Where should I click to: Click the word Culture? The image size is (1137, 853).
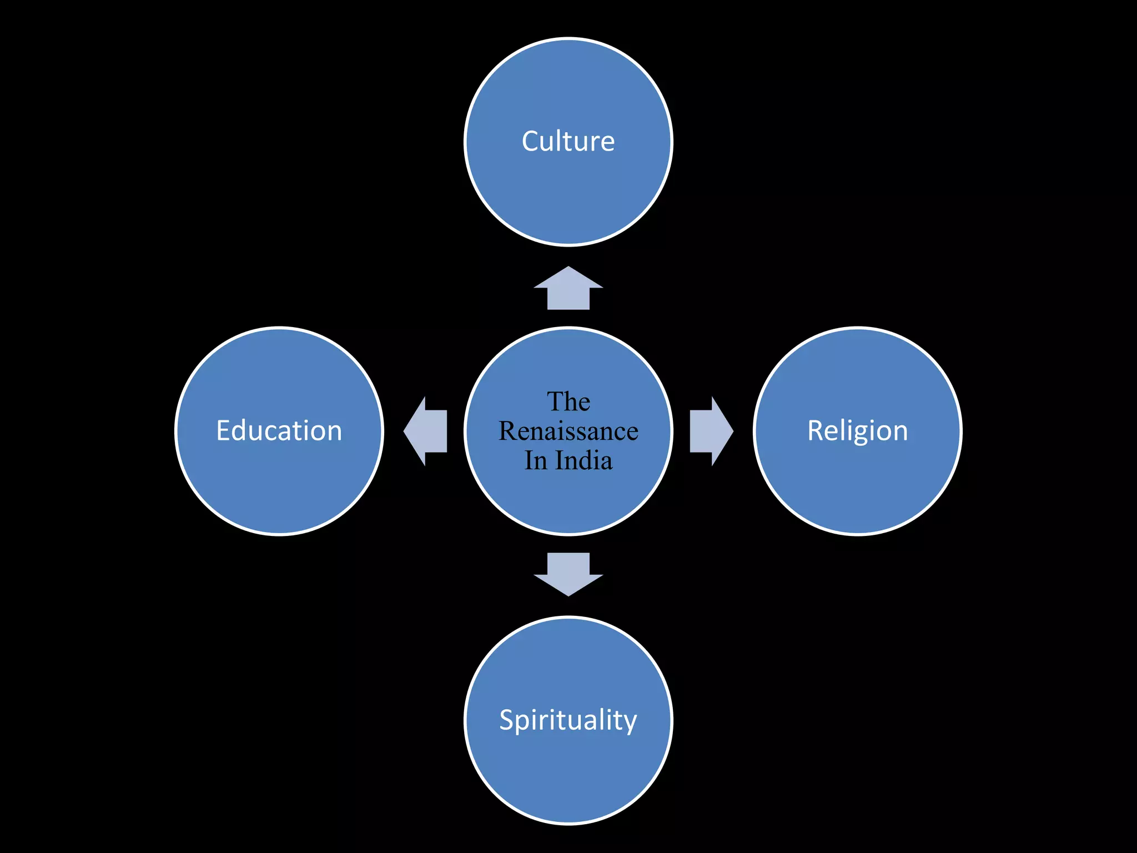pos(568,141)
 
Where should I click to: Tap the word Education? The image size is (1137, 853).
pos(279,431)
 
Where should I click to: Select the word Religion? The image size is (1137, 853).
pos(857,431)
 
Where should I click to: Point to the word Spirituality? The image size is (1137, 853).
pos(568,720)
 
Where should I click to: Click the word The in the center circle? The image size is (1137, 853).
pos(568,402)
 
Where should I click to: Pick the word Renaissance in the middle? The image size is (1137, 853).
pos(568,431)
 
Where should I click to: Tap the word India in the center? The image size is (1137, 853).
pos(583,460)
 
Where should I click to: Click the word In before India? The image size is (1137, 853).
pos(536,460)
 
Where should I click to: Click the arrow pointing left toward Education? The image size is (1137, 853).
pos(425,431)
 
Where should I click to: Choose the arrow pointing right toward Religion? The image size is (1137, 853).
pos(711,431)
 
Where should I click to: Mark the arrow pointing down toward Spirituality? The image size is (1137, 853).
pos(568,574)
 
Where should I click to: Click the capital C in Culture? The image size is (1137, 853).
pos(531,141)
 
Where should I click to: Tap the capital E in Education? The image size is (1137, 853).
pos(223,431)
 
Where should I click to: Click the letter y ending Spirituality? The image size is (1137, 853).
pos(630,723)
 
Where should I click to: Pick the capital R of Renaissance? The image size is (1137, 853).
pos(508,431)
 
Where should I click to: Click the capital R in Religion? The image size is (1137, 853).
pos(816,431)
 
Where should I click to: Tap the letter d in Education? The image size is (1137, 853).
pos(242,431)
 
